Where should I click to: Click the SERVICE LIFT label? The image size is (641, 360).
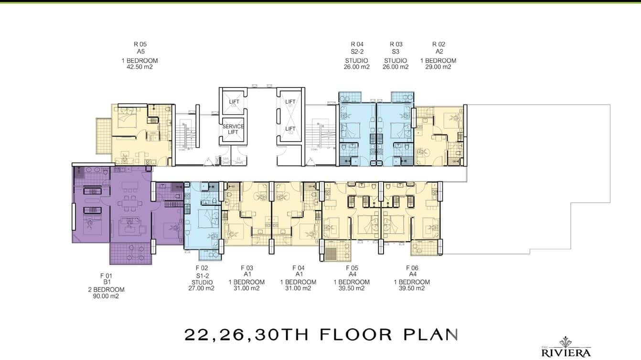coord(233,129)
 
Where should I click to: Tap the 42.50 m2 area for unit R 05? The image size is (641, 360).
coord(139,67)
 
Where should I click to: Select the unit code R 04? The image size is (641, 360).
coord(357,44)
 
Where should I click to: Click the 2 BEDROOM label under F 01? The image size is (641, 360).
coord(106,289)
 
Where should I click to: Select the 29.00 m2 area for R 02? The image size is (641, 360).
coord(438,67)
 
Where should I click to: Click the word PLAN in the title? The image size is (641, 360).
coord(430,334)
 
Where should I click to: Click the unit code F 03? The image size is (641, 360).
coord(246,268)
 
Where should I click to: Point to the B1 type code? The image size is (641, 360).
coord(106,282)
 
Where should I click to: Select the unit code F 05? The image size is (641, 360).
coord(352,268)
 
